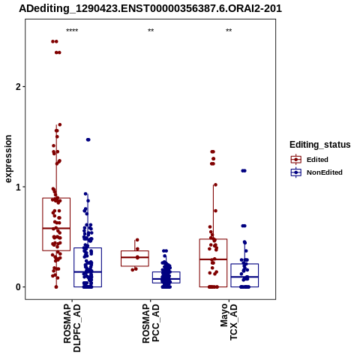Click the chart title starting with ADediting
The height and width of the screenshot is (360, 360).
point(150,9)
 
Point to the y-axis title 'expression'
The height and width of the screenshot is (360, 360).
point(8,159)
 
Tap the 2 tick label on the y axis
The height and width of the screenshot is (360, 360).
point(18,87)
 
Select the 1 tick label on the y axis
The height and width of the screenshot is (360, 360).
point(18,187)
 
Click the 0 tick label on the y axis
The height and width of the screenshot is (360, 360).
point(18,287)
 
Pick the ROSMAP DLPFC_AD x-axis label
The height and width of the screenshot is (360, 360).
point(72,328)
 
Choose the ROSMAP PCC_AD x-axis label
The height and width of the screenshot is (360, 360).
point(151,323)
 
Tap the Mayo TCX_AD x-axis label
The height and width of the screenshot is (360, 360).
point(229,322)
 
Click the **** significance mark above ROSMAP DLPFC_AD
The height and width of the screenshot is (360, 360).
point(72,31)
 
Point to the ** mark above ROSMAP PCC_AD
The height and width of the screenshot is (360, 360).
point(151,31)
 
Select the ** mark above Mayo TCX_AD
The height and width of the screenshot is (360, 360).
point(229,31)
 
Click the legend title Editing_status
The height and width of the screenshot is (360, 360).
point(319,145)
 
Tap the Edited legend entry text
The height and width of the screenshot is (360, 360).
point(317,160)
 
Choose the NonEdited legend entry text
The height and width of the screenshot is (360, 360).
point(325,172)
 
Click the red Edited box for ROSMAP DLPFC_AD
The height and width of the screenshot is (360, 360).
point(56,198)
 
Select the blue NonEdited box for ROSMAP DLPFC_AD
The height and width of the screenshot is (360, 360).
point(88,248)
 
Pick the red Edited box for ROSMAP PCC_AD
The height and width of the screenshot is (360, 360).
point(135,251)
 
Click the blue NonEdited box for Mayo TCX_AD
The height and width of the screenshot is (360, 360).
point(244,264)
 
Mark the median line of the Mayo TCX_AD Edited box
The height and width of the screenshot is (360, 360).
point(213,259)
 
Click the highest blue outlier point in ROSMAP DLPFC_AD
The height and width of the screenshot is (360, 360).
point(88,139)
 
